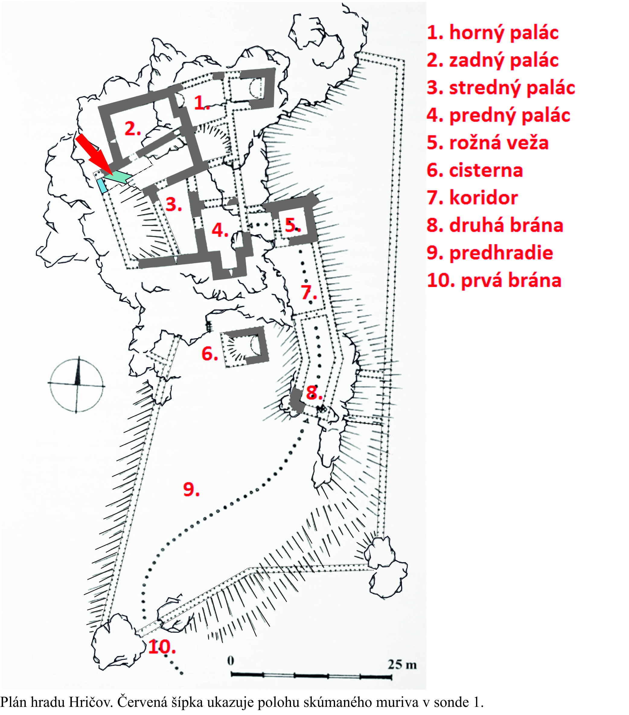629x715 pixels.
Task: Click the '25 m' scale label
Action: pyautogui.click(x=402, y=664)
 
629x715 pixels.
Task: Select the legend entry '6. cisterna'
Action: pyautogui.click(x=474, y=170)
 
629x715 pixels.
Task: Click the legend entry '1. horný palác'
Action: pyautogui.click(x=492, y=33)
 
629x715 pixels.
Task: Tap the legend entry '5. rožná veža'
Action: pyautogui.click(x=487, y=143)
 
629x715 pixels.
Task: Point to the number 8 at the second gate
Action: pyautogui.click(x=314, y=393)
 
